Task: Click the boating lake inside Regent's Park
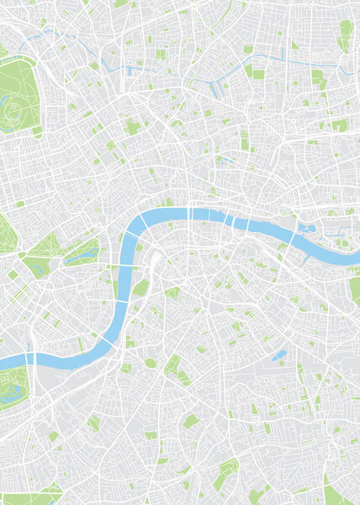[x=8, y=104]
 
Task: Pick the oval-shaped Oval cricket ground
[x=150, y=363]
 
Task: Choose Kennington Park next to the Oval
[x=172, y=367]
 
